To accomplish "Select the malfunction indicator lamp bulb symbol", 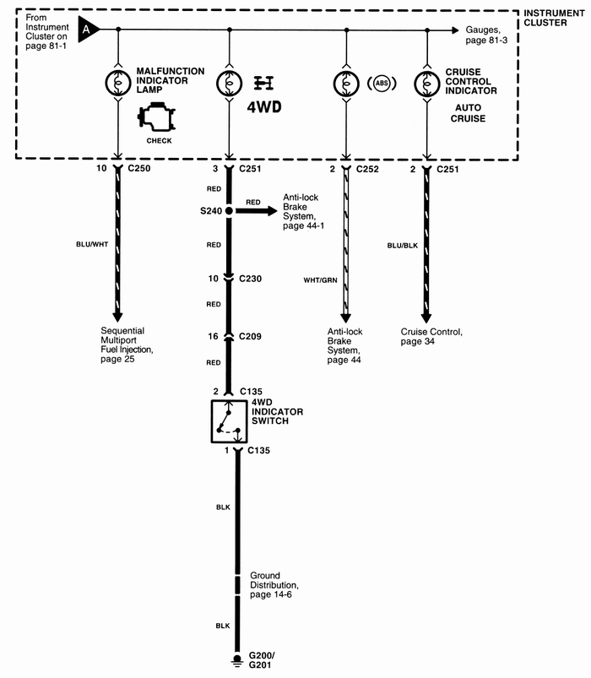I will (x=117, y=83).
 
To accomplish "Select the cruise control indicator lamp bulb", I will (x=427, y=83).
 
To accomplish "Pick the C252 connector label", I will (x=368, y=170).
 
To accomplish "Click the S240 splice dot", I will (x=229, y=210).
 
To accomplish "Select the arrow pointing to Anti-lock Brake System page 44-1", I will (x=257, y=210).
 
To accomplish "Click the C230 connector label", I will (x=251, y=278).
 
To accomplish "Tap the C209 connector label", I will (x=251, y=336).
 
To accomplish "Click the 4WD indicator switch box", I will (x=229, y=421).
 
